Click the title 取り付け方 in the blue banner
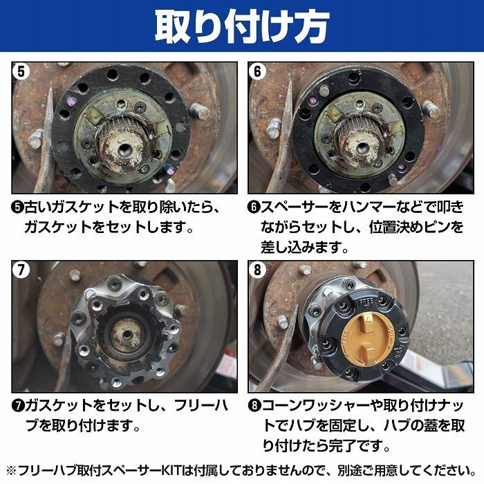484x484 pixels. (x=241, y=26)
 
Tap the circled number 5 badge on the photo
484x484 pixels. (x=21, y=71)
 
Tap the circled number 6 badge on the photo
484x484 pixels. (x=259, y=71)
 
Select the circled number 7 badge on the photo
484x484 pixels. (x=21, y=270)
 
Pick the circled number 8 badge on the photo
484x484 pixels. (x=259, y=270)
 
